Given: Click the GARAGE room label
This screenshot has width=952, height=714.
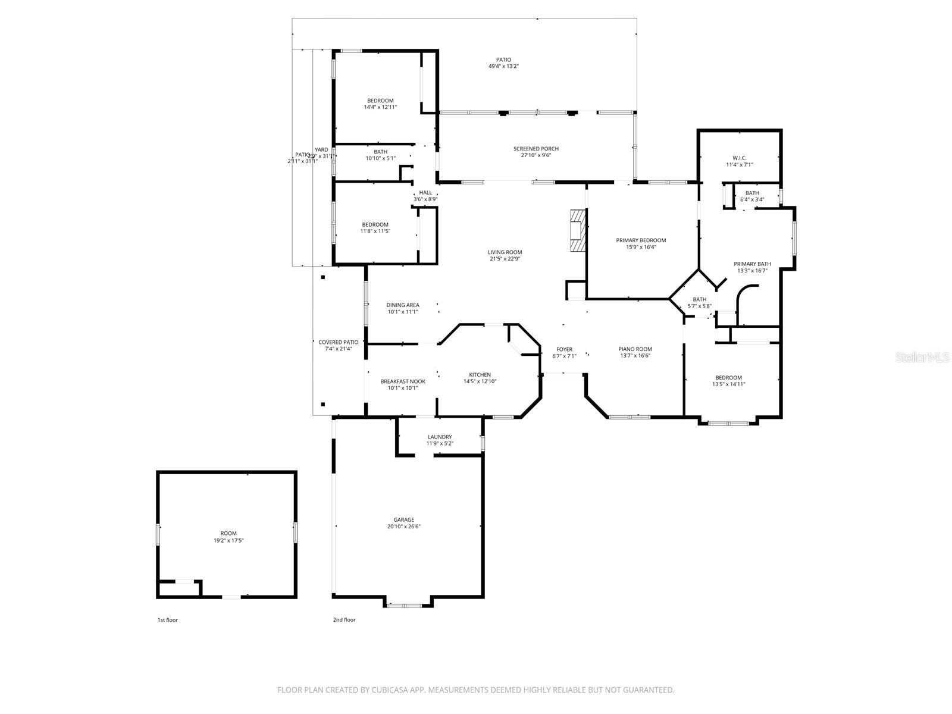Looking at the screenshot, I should click(403, 519).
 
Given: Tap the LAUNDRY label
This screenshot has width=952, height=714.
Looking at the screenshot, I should click(440, 437).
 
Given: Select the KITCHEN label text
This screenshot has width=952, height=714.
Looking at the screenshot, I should click(480, 375).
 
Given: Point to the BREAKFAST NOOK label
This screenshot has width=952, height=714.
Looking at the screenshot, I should click(403, 381).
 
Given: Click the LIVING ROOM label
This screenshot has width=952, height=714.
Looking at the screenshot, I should click(505, 252).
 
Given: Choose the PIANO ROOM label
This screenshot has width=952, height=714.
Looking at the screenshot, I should click(635, 349).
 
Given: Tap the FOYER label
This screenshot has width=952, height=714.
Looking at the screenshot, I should click(564, 349).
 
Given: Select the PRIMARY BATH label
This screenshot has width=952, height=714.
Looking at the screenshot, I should click(752, 264).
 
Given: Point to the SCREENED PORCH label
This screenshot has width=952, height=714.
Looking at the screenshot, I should click(536, 149).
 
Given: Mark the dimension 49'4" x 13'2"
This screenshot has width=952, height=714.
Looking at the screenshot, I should click(503, 67).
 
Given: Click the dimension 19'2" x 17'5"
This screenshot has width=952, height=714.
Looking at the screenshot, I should click(228, 540).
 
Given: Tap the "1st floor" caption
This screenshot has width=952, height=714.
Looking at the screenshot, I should click(167, 620).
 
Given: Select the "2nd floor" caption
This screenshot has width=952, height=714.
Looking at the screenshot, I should click(344, 620).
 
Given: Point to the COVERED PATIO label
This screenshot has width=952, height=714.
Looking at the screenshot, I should click(338, 342).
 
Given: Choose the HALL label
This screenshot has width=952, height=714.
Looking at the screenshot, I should click(425, 192).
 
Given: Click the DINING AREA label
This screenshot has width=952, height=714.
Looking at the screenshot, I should click(403, 305).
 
